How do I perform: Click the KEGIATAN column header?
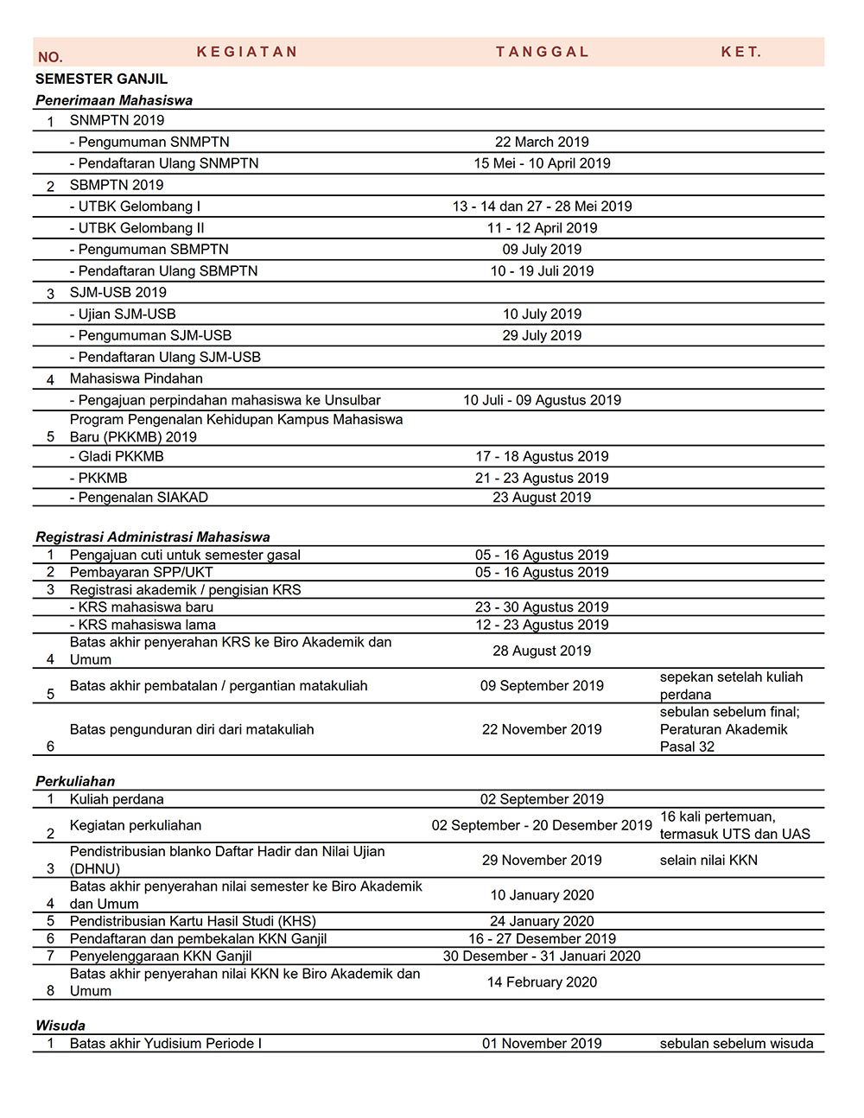click(247, 52)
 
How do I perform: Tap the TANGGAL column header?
click(542, 52)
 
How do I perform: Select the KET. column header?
click(741, 52)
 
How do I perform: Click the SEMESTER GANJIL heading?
click(101, 79)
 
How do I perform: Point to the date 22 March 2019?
click(542, 142)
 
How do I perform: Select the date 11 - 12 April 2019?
click(542, 228)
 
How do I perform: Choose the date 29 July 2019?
click(542, 335)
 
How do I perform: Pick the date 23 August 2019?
click(542, 497)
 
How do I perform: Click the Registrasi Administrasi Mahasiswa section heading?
click(153, 537)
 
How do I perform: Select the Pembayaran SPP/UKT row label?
click(141, 572)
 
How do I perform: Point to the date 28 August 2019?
click(542, 651)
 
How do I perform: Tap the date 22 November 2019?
click(542, 729)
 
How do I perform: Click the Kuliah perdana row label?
click(117, 799)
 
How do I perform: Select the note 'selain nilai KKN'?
click(708, 860)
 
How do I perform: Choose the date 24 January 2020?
click(542, 921)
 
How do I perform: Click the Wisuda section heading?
click(60, 1026)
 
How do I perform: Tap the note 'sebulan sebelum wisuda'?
click(736, 1044)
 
